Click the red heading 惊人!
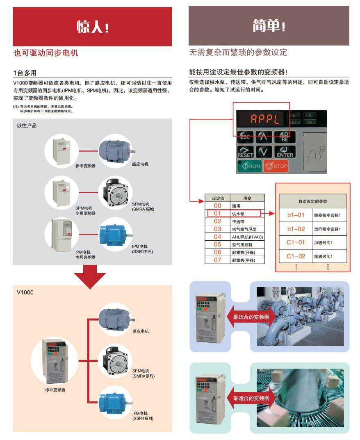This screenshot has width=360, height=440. [93, 27]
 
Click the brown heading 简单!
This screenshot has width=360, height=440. [269, 26]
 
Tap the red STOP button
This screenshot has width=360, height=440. [276, 166]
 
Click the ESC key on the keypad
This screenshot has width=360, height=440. [245, 137]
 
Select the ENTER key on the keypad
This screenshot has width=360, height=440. [284, 153]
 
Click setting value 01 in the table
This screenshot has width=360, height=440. [217, 214]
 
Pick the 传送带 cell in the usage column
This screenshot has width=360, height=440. [238, 221]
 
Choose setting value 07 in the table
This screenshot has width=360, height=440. [217, 260]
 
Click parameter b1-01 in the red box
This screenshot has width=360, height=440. [296, 215]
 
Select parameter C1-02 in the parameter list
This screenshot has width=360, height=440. [296, 256]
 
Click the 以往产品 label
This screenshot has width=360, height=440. [27, 125]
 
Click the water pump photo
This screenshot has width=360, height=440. [300, 316]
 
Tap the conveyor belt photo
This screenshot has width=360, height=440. [300, 398]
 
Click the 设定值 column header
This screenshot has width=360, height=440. [217, 198]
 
